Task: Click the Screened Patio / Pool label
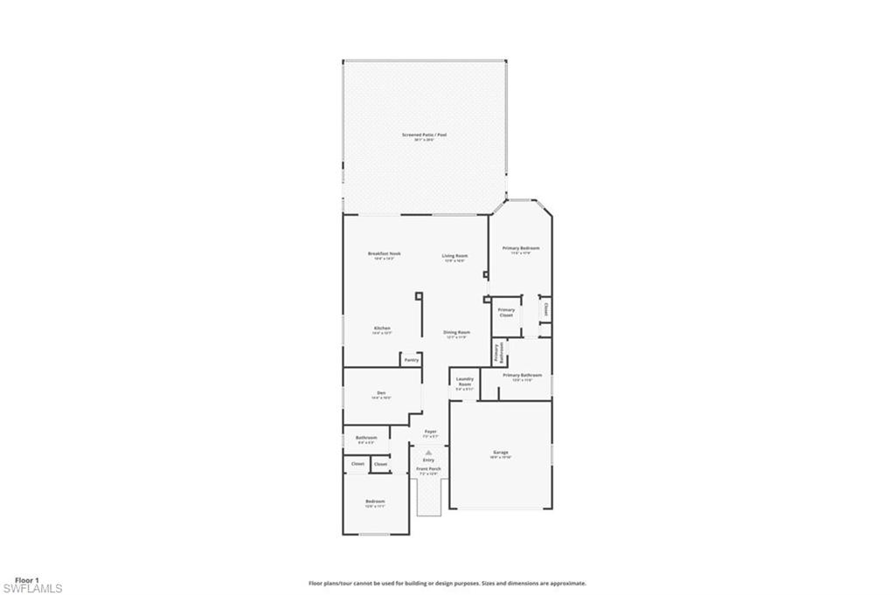coord(424,135)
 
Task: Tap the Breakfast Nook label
coord(384,253)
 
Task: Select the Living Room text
coord(454,256)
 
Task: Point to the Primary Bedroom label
coord(520,248)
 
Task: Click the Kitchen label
coord(382,328)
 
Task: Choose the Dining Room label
coord(456,332)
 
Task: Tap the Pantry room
coord(411,359)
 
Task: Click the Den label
coord(381,393)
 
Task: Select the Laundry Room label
coord(464,382)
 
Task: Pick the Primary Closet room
coord(506,312)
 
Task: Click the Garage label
coord(500,453)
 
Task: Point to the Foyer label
coord(430,432)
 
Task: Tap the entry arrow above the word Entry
coord(428,452)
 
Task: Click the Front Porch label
coord(428,469)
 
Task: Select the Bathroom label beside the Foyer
coord(366,437)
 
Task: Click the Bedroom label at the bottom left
coord(374,502)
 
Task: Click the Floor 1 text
coord(26,579)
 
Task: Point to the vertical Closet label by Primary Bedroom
coord(546,308)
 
